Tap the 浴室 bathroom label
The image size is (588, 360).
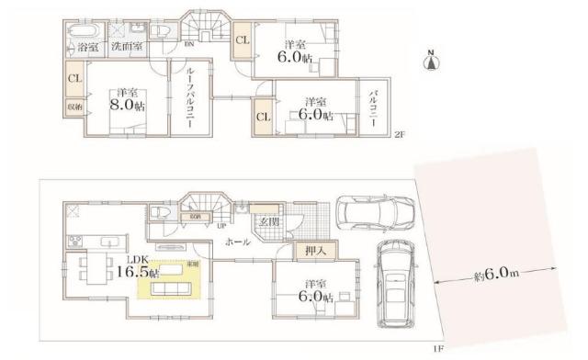pos(88,46)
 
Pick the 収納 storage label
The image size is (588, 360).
pos(73,107)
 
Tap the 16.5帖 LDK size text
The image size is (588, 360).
pos(142,273)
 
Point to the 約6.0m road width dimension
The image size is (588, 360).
pos(493,275)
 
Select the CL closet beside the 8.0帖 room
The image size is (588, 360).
pos(73,79)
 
